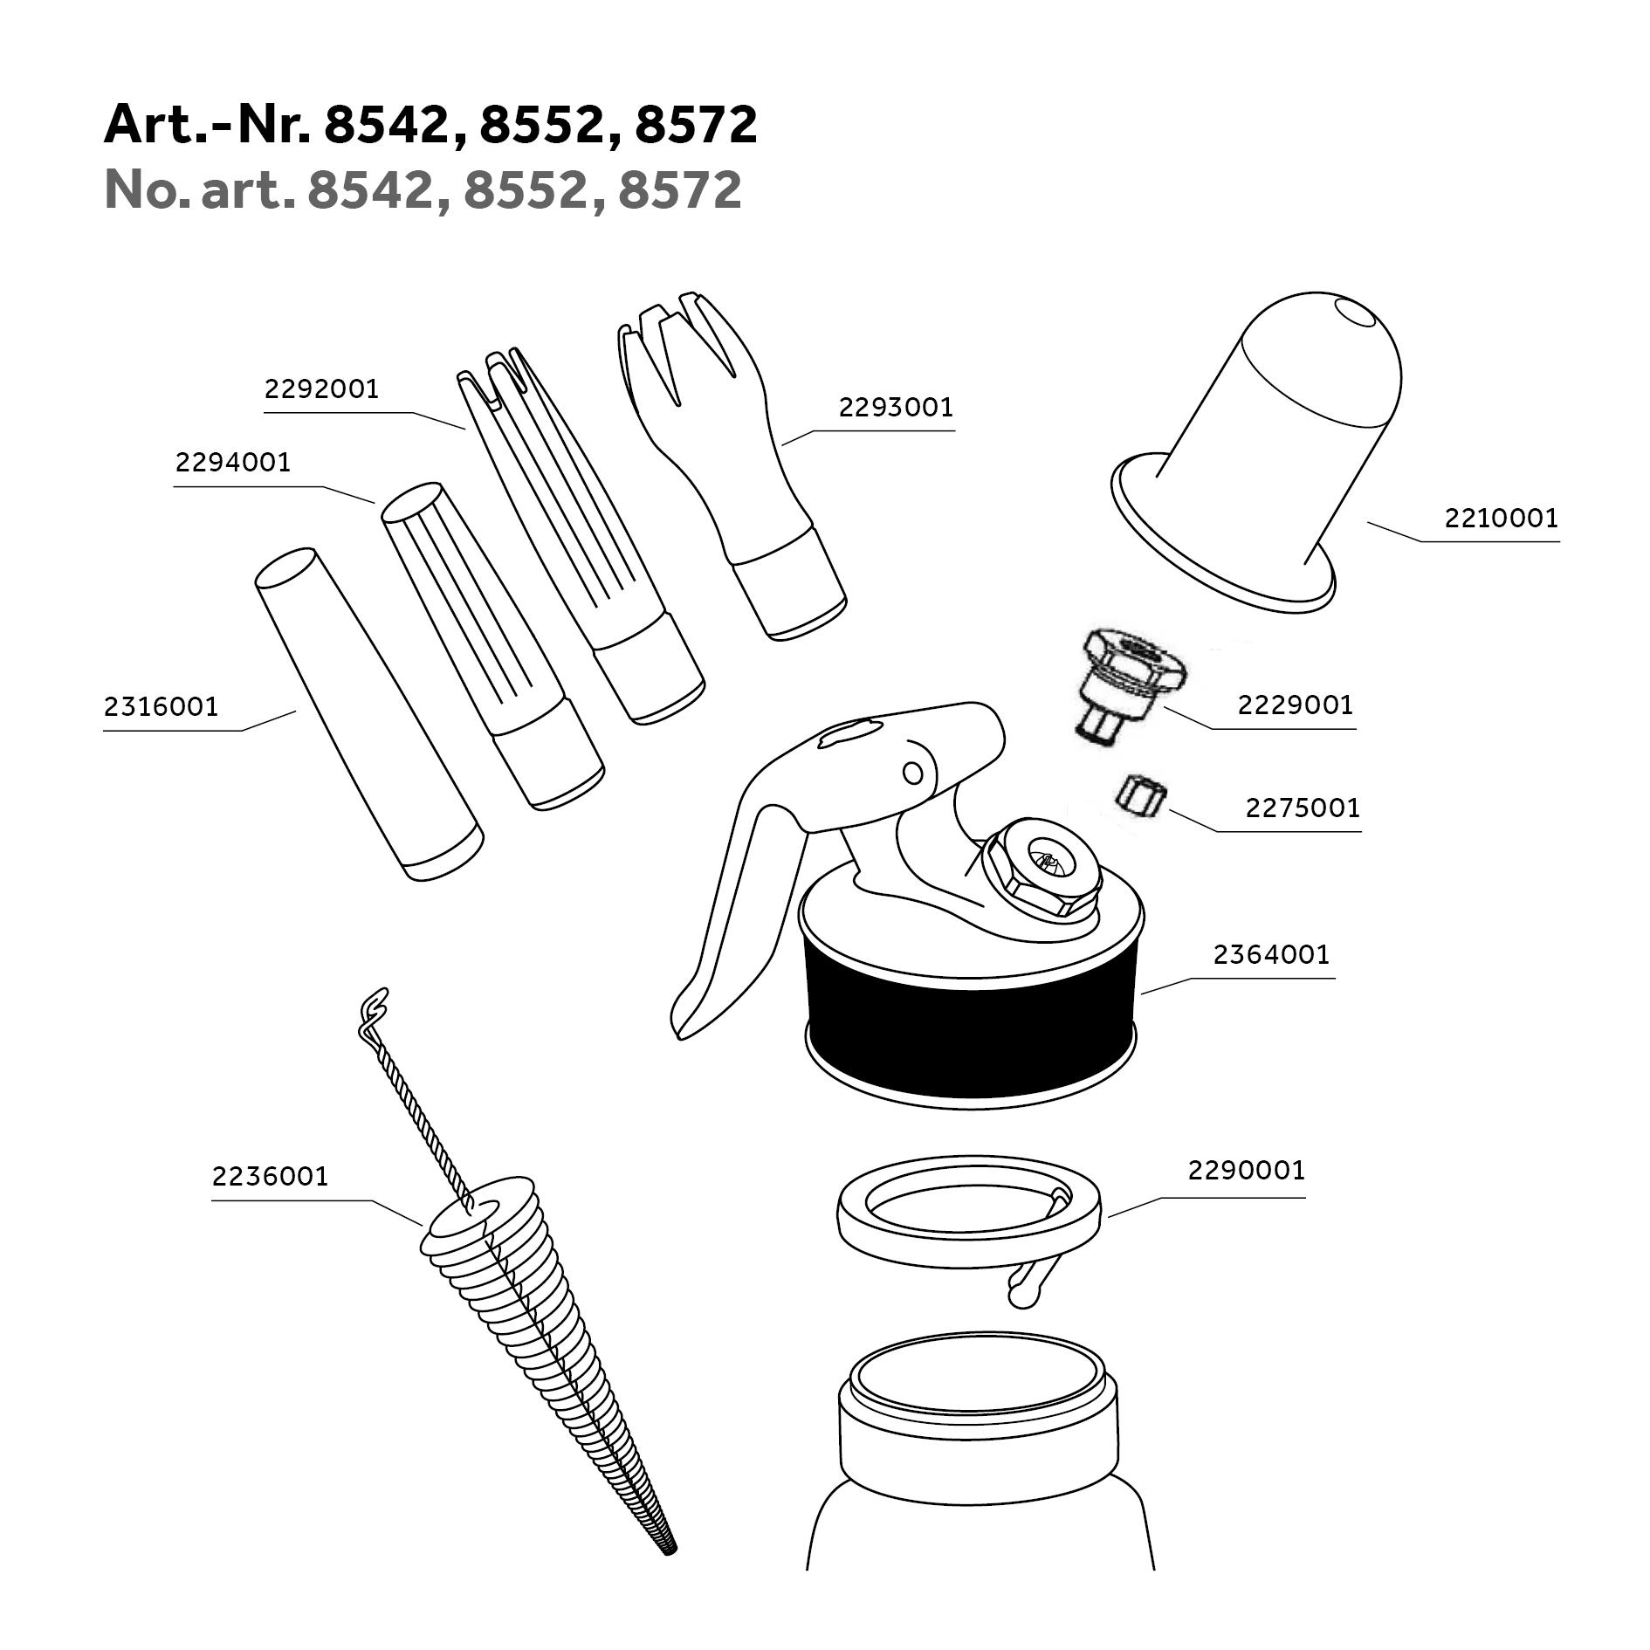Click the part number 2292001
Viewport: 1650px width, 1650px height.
pos(322,388)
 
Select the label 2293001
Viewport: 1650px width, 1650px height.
pos(896,408)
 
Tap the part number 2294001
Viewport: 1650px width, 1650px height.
pos(233,462)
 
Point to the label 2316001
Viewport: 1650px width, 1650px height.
pos(162,706)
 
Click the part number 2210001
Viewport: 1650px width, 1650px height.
pos(1502,519)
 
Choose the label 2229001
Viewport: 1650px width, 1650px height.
pos(1296,705)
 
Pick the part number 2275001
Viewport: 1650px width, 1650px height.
pos(1303,808)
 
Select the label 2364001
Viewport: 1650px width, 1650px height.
pos(1271,954)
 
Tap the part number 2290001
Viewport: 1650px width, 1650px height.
pos(1247,1170)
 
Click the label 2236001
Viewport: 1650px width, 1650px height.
pos(271,1176)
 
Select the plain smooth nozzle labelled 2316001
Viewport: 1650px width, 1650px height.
pos(368,714)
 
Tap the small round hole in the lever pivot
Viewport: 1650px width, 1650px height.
pos(913,772)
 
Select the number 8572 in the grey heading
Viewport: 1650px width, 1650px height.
pos(680,189)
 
